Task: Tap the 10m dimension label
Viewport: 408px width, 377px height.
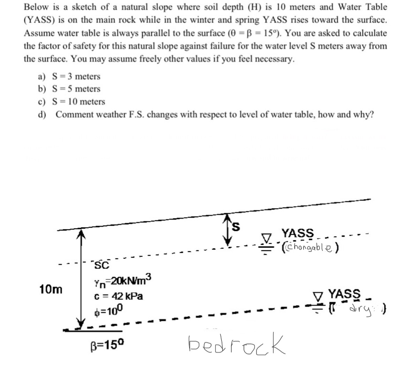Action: [51, 289]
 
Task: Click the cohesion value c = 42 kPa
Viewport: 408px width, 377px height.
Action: [119, 297]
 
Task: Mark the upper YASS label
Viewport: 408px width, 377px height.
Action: [297, 233]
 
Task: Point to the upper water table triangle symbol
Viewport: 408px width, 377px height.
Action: [267, 238]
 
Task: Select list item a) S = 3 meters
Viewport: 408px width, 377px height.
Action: [69, 76]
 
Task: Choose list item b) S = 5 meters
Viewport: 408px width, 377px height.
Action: [69, 89]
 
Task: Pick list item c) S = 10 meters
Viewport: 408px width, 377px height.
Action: [71, 102]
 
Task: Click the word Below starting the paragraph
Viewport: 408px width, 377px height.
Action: [36, 7]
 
